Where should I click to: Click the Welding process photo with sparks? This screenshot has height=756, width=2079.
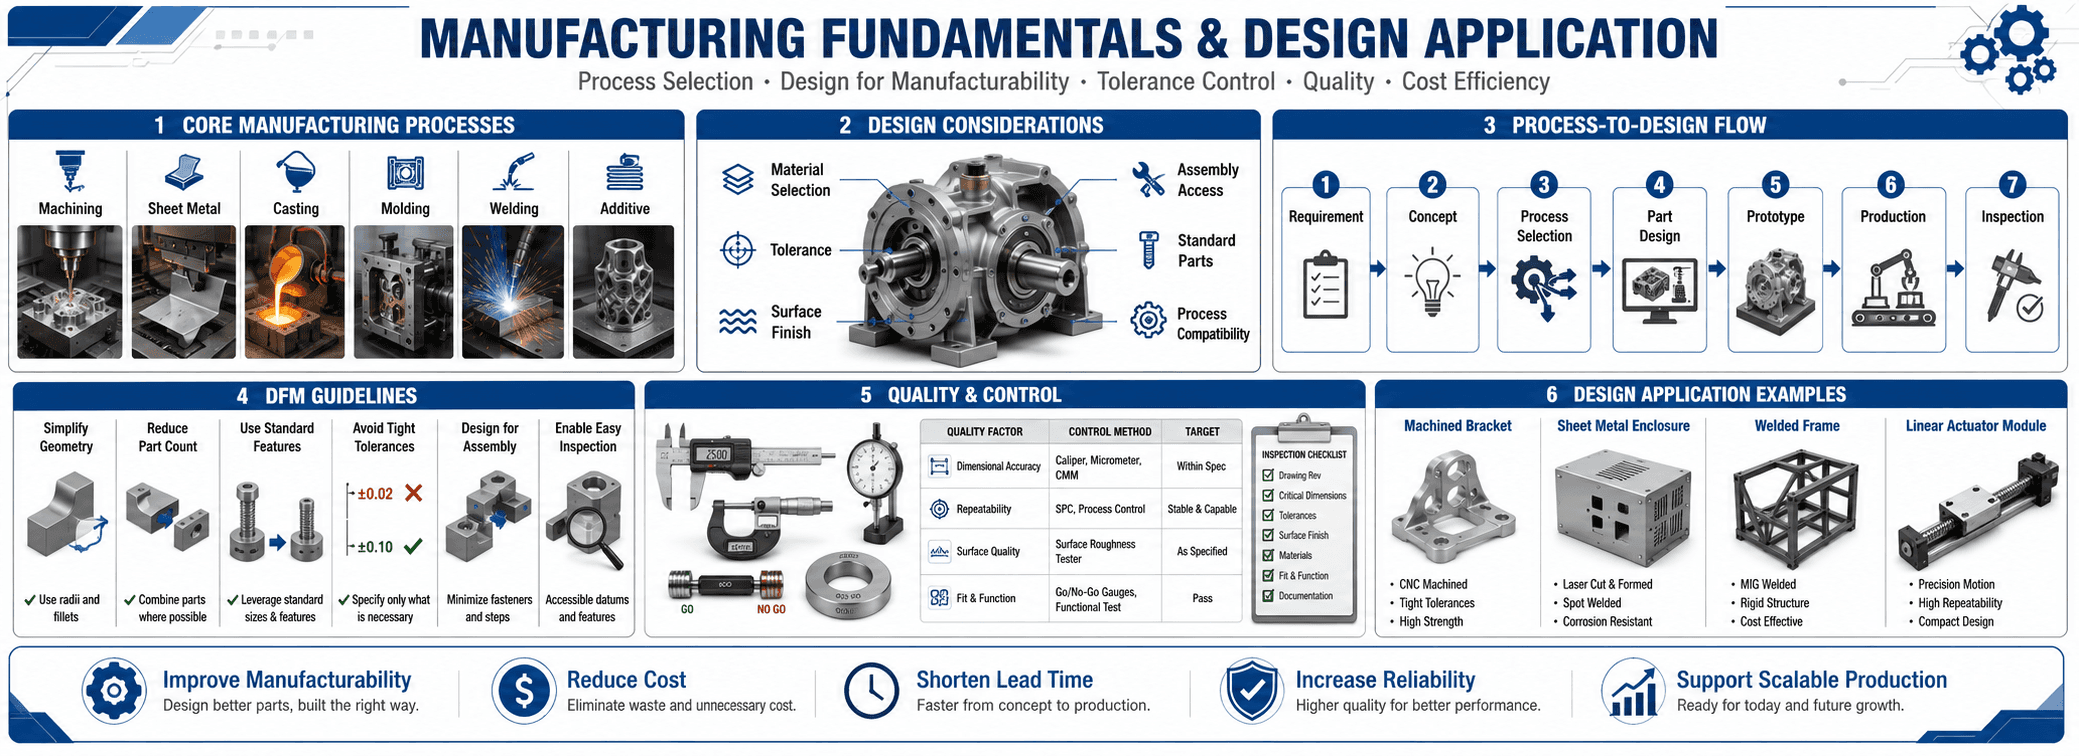(x=513, y=291)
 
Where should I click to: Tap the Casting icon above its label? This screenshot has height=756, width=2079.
(x=295, y=172)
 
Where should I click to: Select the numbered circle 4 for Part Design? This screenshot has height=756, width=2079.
(x=1659, y=185)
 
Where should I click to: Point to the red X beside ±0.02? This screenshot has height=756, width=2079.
(x=413, y=493)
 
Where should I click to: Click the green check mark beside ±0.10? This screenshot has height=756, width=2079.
(x=412, y=546)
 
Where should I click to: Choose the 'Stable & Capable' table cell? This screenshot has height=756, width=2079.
(x=1201, y=509)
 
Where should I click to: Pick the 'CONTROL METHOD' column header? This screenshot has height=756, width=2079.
(x=1109, y=432)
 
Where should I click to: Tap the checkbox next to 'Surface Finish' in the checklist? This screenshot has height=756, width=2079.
(x=1268, y=536)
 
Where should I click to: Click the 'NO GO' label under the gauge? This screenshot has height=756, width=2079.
(x=771, y=609)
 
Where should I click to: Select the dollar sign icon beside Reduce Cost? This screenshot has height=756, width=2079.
(x=523, y=690)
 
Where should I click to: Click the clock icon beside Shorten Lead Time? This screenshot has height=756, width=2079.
(x=871, y=690)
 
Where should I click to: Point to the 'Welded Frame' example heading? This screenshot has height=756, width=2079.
(x=1797, y=426)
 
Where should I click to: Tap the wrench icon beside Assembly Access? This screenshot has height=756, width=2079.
(x=1148, y=179)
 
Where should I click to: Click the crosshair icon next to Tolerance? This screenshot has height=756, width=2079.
(x=738, y=250)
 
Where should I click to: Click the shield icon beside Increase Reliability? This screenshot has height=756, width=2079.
(x=1251, y=690)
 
